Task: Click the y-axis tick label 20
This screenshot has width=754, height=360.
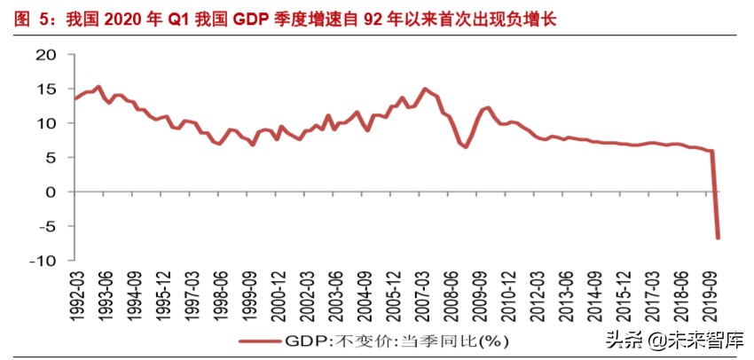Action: point(44,55)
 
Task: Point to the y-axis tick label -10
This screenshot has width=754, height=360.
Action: point(41,261)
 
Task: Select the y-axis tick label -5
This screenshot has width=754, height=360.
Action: point(44,226)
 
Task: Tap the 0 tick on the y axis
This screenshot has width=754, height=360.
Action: point(50,192)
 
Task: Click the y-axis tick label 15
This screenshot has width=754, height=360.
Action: point(44,90)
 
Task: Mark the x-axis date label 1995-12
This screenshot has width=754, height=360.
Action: point(161,291)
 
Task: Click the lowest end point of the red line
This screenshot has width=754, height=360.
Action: point(718,238)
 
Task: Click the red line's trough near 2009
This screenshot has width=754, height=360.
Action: point(465,146)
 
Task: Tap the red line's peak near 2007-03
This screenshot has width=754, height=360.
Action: point(425,89)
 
